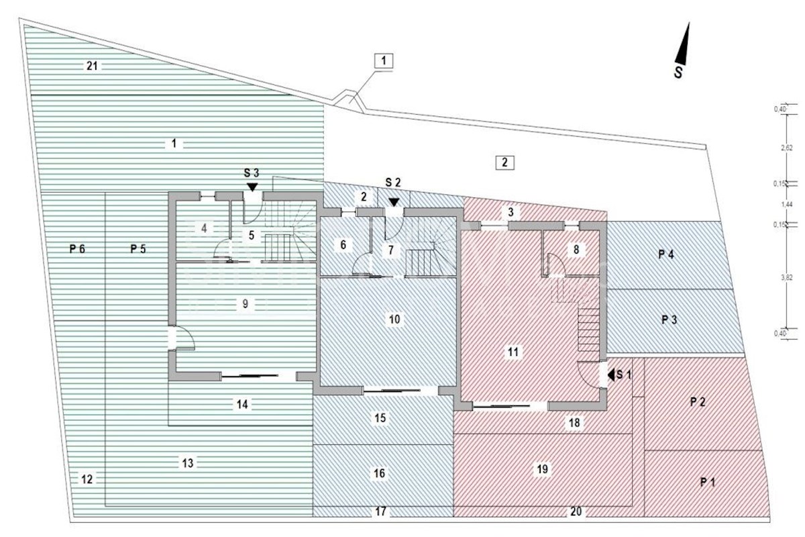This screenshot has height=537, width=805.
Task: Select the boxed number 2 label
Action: [505, 162]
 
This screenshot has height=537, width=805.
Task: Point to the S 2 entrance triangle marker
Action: [393, 201]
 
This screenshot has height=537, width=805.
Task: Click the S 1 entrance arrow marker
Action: [611, 375]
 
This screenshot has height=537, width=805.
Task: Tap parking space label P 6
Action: [77, 249]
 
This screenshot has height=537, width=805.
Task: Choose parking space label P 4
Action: [665, 254]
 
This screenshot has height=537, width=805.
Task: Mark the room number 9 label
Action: [246, 304]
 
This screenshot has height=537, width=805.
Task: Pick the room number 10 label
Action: [394, 319]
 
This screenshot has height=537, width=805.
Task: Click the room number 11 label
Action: [514, 351]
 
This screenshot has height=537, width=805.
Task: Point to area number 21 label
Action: [93, 66]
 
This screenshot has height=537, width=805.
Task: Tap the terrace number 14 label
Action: [242, 404]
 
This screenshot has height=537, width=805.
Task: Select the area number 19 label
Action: [543, 469]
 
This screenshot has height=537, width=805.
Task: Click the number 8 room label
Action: [575, 249]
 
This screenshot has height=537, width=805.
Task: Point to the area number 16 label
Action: [380, 474]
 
